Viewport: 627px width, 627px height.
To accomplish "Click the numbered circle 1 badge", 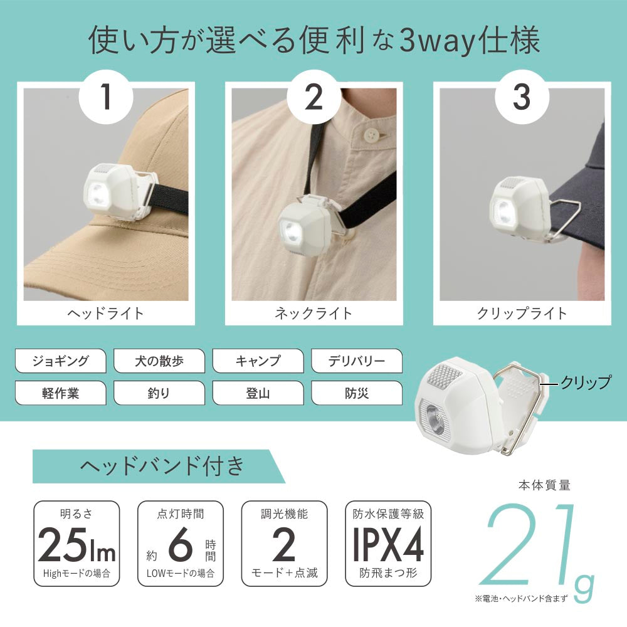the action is point(106,97).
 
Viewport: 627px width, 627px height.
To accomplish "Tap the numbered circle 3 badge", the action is point(522,97).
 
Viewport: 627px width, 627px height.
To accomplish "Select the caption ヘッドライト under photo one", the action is point(105,313).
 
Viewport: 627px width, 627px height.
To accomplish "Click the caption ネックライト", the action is point(313,313).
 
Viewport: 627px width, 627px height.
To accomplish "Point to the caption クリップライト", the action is point(522,313).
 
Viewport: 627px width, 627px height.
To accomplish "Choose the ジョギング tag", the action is point(60,361).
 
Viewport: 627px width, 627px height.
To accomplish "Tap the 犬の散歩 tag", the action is point(159,361).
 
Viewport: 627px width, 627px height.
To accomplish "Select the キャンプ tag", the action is point(258,361).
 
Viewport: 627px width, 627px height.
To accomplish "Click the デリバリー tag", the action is point(357,361).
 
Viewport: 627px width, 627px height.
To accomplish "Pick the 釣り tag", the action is point(159,393).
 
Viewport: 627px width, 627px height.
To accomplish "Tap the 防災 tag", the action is point(357,393).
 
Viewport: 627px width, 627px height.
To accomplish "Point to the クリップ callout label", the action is point(586,382).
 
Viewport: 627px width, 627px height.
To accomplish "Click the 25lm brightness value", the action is point(76,545).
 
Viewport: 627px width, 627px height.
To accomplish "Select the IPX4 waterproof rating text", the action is point(388,545).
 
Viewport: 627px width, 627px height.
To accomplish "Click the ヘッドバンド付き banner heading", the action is point(162,466).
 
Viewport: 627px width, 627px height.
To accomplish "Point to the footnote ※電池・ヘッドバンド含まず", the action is point(521,599).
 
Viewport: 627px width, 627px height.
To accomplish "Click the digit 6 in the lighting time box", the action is point(180,545).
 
